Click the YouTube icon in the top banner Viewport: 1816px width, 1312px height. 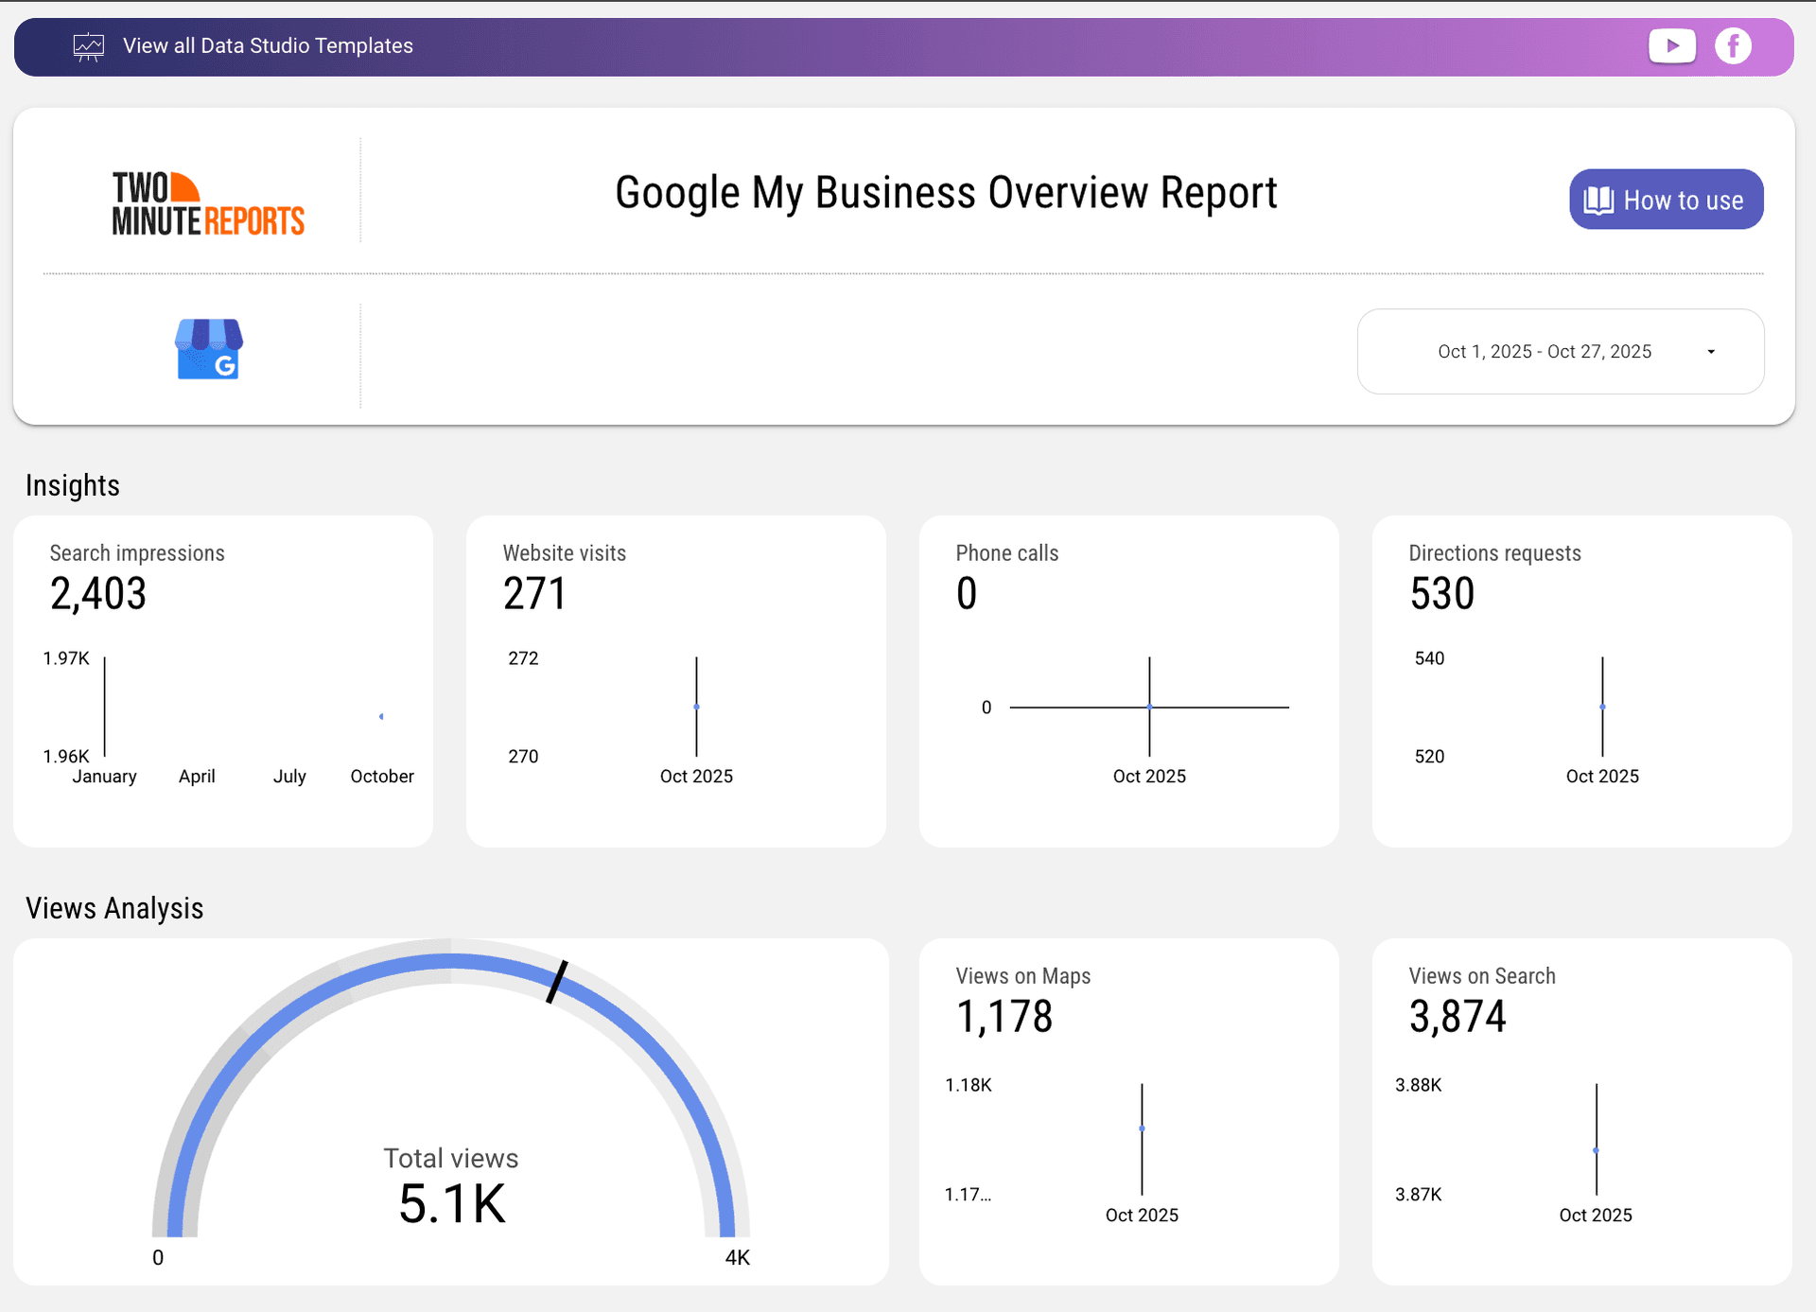[1671, 45]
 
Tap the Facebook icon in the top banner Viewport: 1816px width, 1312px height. [1733, 45]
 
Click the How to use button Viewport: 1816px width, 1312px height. [1666, 200]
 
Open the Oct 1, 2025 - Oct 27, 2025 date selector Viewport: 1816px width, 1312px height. [1560, 351]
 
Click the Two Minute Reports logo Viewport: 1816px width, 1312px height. [208, 203]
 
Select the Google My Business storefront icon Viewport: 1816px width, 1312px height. [209, 349]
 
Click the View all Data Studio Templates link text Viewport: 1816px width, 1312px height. [268, 45]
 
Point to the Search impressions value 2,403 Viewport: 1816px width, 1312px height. [98, 594]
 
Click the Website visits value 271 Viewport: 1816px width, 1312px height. [534, 594]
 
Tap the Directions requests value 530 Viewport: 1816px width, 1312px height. [1441, 594]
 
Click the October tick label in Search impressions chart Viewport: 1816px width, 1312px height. [382, 777]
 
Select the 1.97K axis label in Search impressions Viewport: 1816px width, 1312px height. [66, 658]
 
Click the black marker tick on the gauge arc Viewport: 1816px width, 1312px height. [557, 982]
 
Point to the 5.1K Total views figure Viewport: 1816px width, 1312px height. [452, 1204]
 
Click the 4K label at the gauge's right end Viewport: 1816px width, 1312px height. [737, 1257]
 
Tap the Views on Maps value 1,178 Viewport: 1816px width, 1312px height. [1004, 1017]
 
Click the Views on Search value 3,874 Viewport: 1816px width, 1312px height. [1458, 1017]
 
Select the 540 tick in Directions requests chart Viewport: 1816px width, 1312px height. [1429, 658]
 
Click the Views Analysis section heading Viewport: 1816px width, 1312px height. [114, 908]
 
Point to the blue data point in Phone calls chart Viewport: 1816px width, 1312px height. [1149, 707]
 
